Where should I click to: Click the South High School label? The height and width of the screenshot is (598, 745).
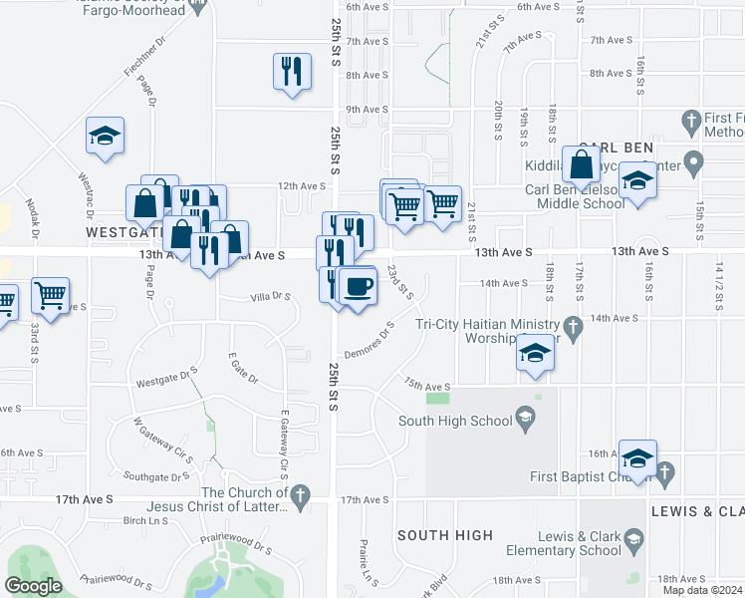pyautogui.click(x=456, y=421)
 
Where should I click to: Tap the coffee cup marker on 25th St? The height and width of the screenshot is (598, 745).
pyautogui.click(x=359, y=286)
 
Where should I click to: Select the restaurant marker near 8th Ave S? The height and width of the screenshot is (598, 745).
pyautogui.click(x=290, y=71)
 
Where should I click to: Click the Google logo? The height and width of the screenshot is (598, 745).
pyautogui.click(x=33, y=586)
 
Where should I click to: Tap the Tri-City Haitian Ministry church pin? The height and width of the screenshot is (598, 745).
pyautogui.click(x=573, y=326)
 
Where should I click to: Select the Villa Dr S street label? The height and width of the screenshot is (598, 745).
pyautogui.click(x=269, y=296)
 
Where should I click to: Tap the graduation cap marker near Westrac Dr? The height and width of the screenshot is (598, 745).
pyautogui.click(x=104, y=137)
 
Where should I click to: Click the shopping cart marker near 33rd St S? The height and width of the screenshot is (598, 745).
pyautogui.click(x=50, y=295)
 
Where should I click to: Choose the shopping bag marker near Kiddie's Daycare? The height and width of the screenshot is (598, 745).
pyautogui.click(x=581, y=164)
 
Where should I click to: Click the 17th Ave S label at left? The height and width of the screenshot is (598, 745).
pyautogui.click(x=84, y=498)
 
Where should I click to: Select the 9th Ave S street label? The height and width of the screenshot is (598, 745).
pyautogui.click(x=366, y=109)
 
